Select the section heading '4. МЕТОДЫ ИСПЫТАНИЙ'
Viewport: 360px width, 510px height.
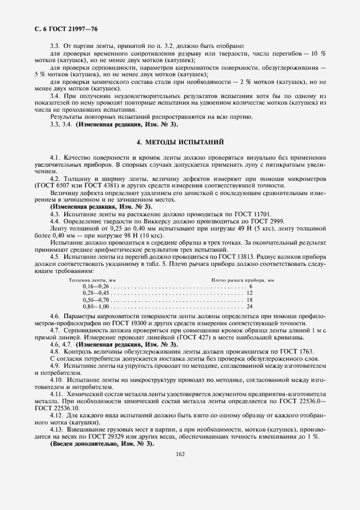click(179, 142)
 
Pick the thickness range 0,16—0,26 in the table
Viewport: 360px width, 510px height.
click(96, 286)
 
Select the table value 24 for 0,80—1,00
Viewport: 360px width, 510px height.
click(249, 307)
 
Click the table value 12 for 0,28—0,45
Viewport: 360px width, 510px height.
click(249, 293)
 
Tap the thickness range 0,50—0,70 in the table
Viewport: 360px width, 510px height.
click(96, 300)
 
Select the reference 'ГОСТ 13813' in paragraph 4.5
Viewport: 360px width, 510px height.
click(245, 257)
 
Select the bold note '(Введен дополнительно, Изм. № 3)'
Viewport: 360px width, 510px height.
click(102, 444)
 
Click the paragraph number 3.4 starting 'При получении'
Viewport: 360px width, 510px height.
click(54, 96)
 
